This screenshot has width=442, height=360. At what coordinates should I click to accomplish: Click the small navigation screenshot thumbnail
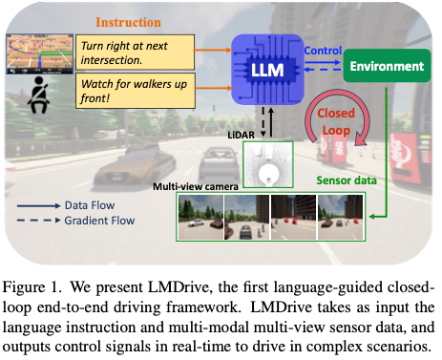(x=39, y=53)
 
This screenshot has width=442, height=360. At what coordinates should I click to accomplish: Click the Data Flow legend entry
(x=92, y=204)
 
